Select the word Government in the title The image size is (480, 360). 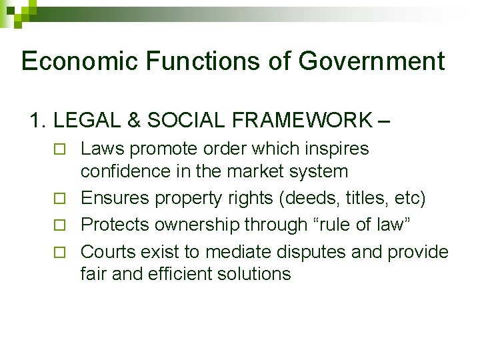click(371, 61)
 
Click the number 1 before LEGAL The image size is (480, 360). click(36, 121)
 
